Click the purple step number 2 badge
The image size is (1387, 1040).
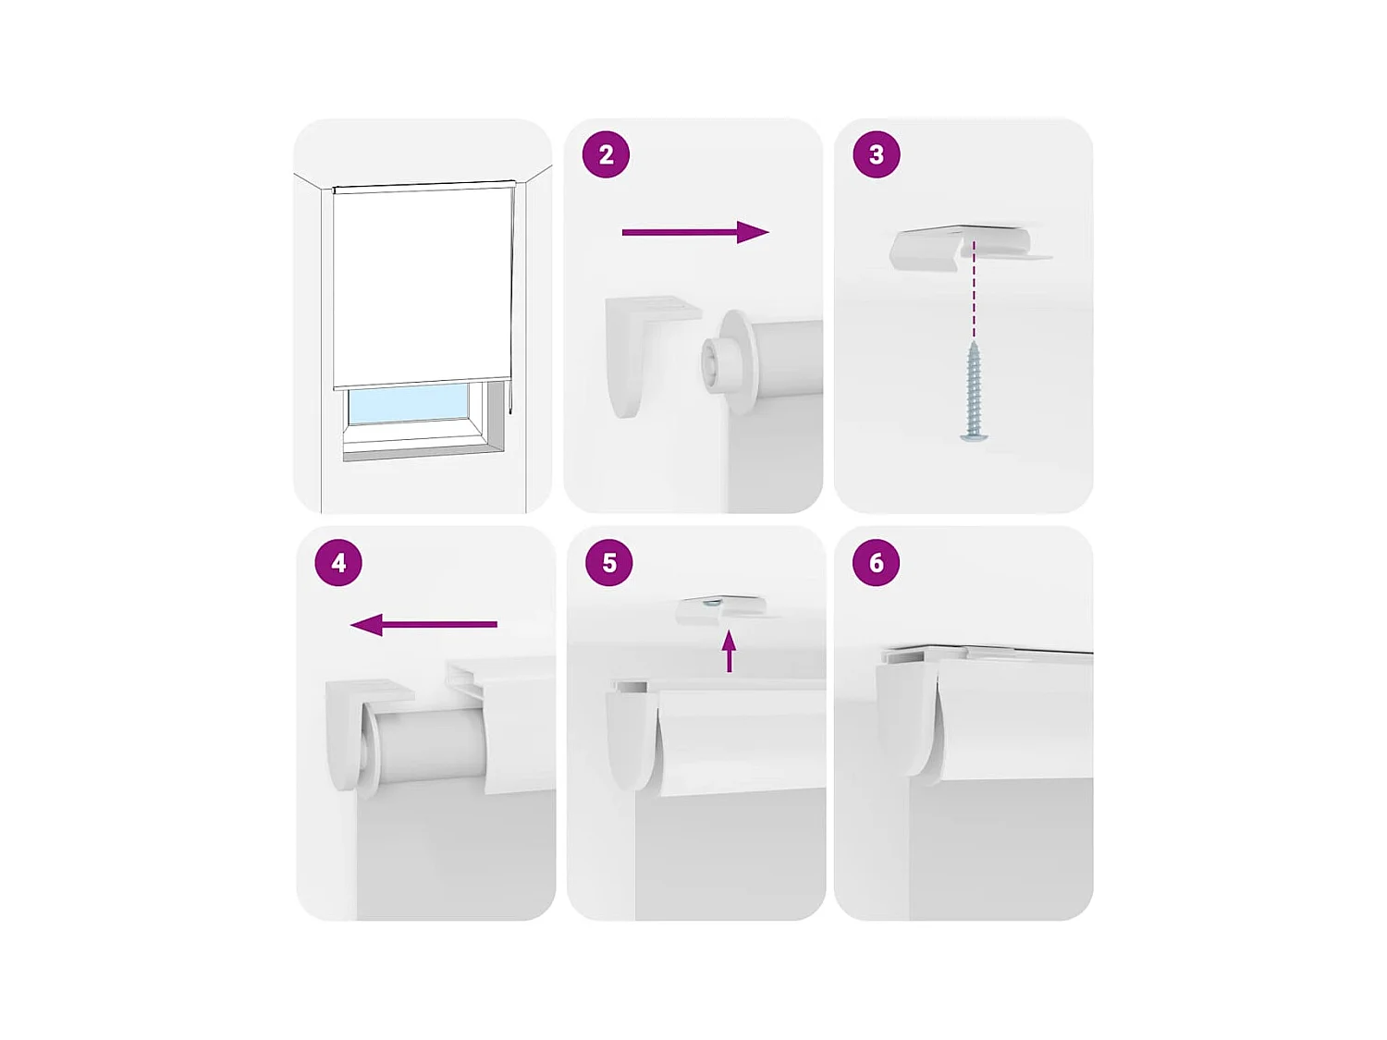[606, 154]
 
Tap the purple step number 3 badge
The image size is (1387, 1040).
[876, 154]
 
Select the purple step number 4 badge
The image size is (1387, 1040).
[338, 562]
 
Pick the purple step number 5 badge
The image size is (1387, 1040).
[609, 562]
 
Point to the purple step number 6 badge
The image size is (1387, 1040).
[876, 562]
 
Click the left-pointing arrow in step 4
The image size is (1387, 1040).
[423, 625]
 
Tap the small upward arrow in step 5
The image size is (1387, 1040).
[730, 651]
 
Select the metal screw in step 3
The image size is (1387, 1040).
[973, 392]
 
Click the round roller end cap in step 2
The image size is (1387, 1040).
[730, 361]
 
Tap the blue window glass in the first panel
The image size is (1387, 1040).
[409, 405]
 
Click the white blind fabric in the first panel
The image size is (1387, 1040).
[423, 287]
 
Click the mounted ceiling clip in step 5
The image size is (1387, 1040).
[721, 608]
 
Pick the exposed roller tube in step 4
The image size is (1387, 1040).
[430, 744]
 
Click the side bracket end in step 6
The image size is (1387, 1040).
[902, 712]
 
